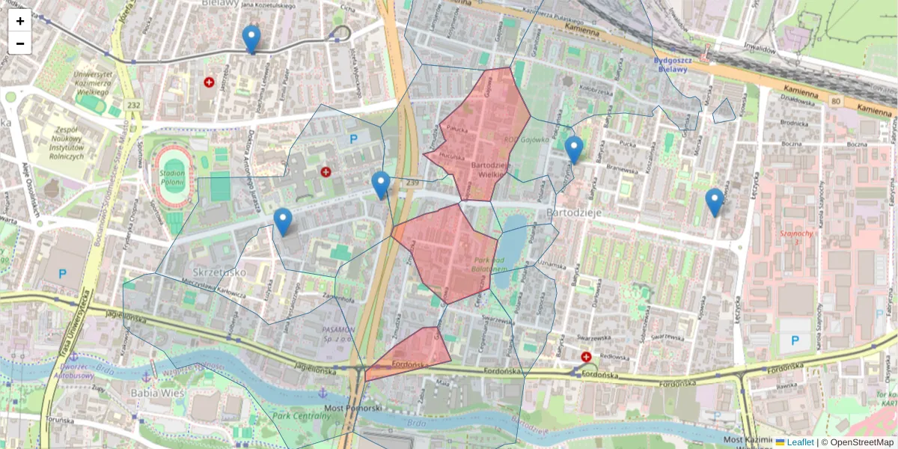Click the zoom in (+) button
pyautogui.click(x=20, y=21)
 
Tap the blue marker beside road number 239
pyautogui.click(x=381, y=184)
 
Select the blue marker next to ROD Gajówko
pyautogui.click(x=574, y=149)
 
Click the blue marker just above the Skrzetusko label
pyautogui.click(x=283, y=221)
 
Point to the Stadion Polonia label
pyautogui.click(x=172, y=177)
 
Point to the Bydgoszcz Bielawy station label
pyautogui.click(x=670, y=64)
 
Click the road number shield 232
pyautogui.click(x=134, y=106)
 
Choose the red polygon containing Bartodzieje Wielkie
pyautogui.click(x=483, y=135)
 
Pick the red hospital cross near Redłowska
pyautogui.click(x=586, y=358)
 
